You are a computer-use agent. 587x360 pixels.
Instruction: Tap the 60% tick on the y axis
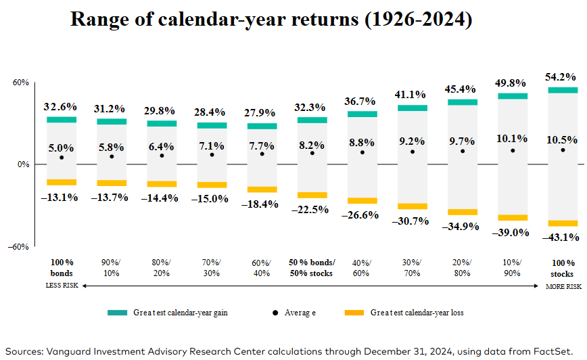click(x=20, y=83)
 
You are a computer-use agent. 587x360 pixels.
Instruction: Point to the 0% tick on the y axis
click(x=22, y=164)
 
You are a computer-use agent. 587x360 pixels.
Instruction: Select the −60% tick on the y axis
click(x=18, y=247)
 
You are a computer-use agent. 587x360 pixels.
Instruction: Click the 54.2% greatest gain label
click(x=562, y=76)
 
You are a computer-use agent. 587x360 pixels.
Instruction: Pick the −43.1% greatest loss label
click(x=562, y=238)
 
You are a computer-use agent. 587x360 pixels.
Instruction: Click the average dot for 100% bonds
click(x=62, y=158)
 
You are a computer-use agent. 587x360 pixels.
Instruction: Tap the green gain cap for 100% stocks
click(x=563, y=90)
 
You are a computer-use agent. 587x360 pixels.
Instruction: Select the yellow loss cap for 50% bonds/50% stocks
click(x=312, y=195)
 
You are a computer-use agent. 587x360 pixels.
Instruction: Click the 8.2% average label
click(x=312, y=144)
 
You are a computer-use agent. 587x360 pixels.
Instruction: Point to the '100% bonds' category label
click(x=62, y=268)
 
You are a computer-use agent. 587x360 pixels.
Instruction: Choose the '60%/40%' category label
click(x=262, y=268)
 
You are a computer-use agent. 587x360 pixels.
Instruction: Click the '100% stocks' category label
click(x=562, y=268)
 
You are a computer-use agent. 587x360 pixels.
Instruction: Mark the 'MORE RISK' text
click(x=563, y=286)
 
